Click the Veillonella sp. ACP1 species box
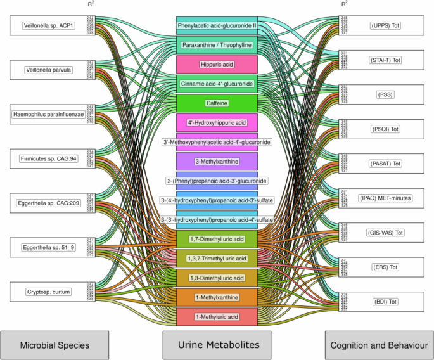point(48,26)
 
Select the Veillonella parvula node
point(48,70)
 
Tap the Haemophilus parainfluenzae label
point(48,115)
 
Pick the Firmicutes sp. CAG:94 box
point(48,158)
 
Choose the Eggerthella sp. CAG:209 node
point(48,203)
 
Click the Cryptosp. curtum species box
point(48,292)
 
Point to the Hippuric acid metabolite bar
point(217,64)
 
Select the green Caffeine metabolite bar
point(217,103)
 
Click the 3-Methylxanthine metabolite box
point(217,162)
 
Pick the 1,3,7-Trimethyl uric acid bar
point(217,259)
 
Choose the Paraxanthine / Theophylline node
point(217,45)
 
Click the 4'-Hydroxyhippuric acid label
point(217,122)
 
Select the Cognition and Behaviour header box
point(378,345)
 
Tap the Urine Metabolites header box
point(217,345)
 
